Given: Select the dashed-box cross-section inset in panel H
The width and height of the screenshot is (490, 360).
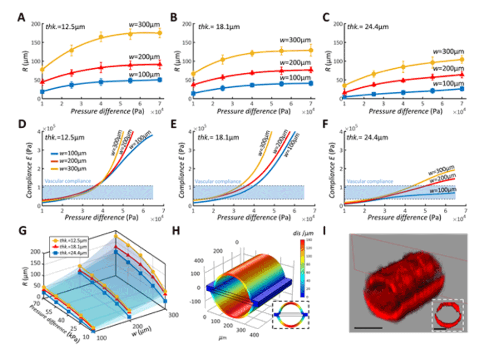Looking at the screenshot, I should (x=291, y=313).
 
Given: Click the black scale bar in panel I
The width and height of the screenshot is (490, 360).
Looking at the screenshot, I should (x=367, y=327).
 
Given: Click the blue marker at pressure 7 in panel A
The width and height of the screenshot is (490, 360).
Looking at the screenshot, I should (x=160, y=79).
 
